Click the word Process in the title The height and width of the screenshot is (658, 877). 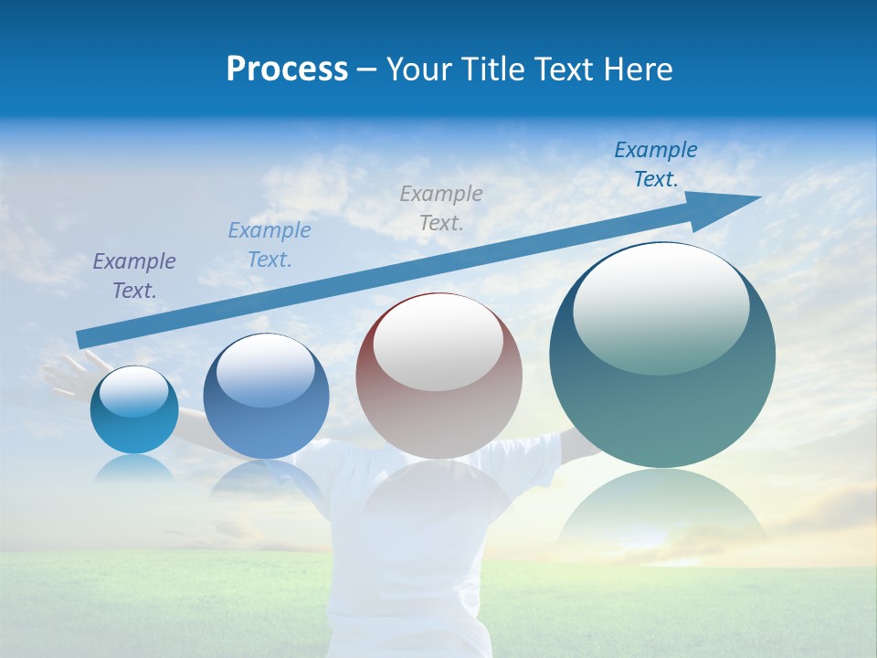[x=287, y=69]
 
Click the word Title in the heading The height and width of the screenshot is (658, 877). [x=491, y=69]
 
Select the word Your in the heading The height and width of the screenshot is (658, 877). [x=417, y=69]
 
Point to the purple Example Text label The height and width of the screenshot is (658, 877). [x=134, y=276]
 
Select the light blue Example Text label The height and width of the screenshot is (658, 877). [x=269, y=245]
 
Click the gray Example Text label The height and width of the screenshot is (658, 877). [x=441, y=207]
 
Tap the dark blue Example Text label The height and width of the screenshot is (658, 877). [x=655, y=164]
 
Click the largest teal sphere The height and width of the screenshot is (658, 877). [x=662, y=402]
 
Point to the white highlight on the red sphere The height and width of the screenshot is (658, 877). [x=438, y=343]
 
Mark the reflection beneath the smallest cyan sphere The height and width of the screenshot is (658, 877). [x=133, y=467]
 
